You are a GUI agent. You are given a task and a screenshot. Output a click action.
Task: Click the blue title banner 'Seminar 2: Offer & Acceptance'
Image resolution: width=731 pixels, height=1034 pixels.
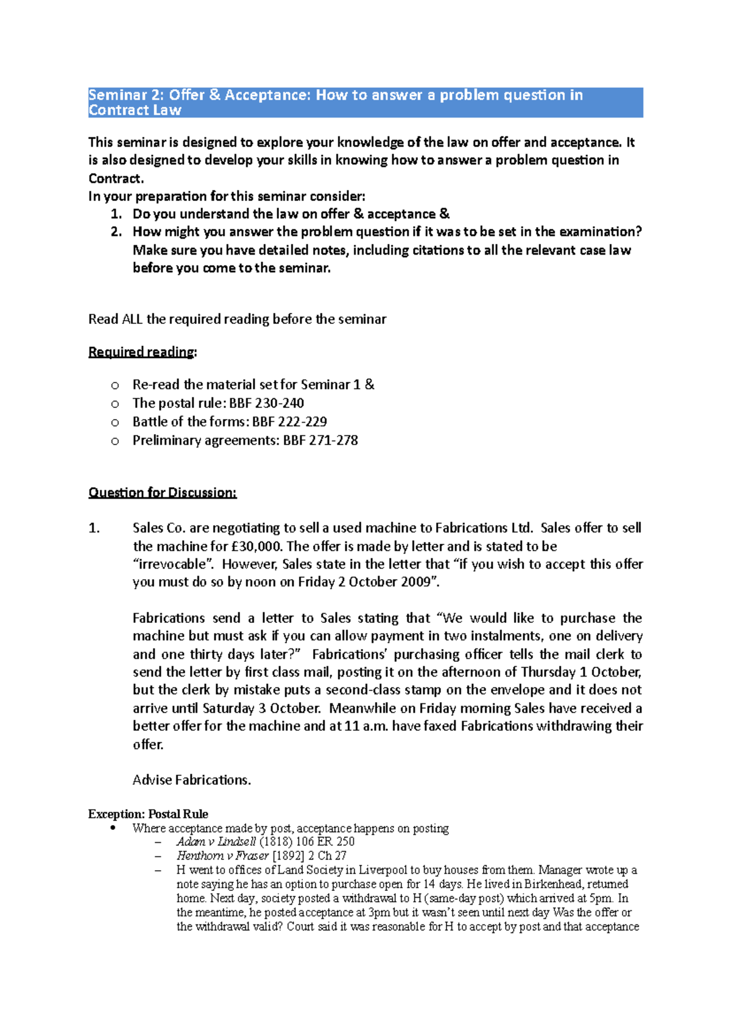coord(365,102)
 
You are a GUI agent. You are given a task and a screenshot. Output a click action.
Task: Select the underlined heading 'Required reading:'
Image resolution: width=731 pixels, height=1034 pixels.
coord(143,352)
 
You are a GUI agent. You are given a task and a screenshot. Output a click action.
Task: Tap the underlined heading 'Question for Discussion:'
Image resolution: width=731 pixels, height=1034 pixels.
coord(162,493)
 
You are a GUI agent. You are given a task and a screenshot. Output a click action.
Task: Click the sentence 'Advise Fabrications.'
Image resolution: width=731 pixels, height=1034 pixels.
coord(192,780)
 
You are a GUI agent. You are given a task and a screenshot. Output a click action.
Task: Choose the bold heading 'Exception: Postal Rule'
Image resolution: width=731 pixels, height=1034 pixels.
coord(148,814)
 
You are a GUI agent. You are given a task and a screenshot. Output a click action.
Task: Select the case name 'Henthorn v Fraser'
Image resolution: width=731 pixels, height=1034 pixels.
coord(222,856)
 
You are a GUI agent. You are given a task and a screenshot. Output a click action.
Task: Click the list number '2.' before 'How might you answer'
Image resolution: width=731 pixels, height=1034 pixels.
coord(116,231)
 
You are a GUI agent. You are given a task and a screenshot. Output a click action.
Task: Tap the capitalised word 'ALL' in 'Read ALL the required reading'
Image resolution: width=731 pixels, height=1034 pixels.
coord(132,319)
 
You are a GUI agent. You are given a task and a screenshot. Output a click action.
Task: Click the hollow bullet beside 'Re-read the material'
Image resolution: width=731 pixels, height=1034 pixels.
coord(115,385)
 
